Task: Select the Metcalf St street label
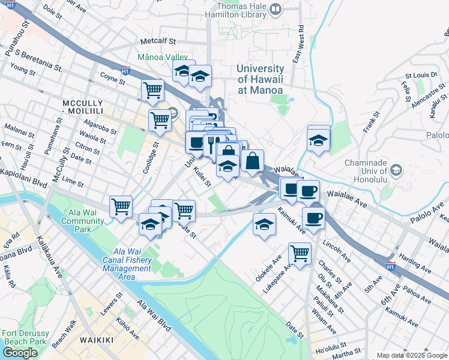coord(157,42)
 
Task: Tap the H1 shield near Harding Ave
coord(390,268)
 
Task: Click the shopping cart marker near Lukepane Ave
coord(300,253)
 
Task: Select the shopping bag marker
coord(253,161)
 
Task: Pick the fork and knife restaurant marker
coord(214,144)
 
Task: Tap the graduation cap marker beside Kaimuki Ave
coord(264,224)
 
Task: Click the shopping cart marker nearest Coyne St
coord(152,90)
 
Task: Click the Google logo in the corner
coord(20,353)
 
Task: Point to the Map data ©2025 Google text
coord(411,355)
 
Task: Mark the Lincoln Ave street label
coord(337,250)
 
